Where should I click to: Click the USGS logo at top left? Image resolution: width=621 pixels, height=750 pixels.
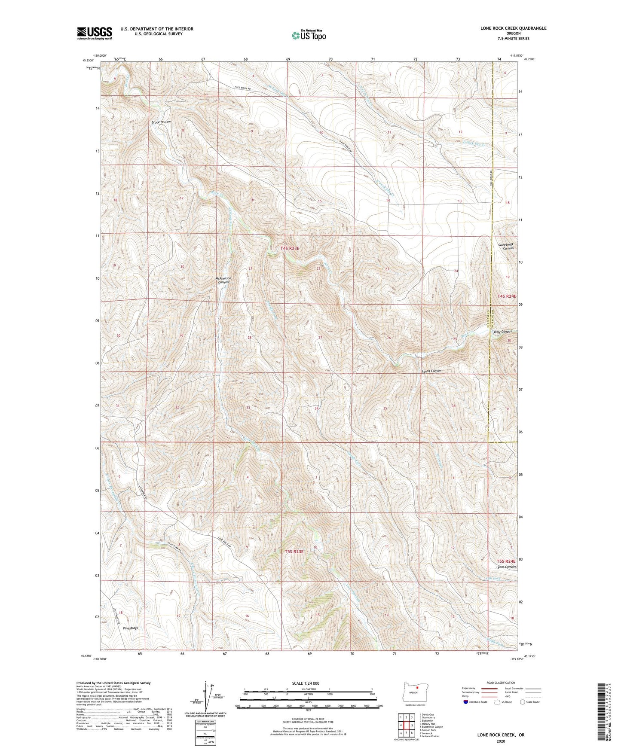coord(95,33)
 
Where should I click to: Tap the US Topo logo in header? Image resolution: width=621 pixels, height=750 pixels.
coord(309,35)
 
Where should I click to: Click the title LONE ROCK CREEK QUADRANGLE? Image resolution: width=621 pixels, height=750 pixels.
coord(513,28)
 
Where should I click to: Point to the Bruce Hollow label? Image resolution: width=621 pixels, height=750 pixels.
coord(161,122)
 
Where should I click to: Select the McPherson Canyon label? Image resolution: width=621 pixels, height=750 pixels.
coord(223,280)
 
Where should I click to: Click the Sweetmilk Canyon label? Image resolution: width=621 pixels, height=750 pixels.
coord(505,247)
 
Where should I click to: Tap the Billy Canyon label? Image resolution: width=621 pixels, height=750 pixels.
coord(502,332)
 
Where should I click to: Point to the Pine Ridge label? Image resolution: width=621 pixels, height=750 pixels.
coord(131,628)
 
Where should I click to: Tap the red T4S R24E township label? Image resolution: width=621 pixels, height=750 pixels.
coord(507,296)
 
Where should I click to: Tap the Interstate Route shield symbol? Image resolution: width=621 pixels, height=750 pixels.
coord(466,702)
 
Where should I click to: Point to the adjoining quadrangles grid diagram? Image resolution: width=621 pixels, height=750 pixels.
coord(406,725)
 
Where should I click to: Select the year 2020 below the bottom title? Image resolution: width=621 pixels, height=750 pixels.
coord(500,741)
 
